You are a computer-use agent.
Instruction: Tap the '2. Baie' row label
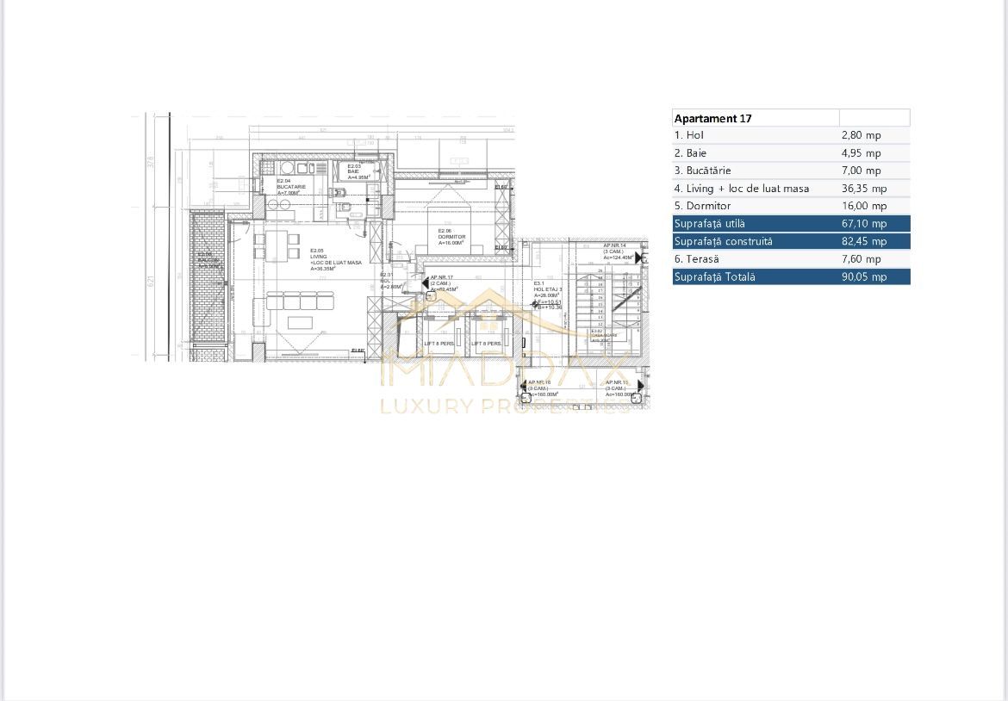point(690,153)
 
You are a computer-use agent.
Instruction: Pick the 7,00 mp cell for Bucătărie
point(861,171)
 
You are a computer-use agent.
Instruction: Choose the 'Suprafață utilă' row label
point(710,224)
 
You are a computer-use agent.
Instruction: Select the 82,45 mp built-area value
point(863,241)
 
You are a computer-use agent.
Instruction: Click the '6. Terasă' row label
point(697,259)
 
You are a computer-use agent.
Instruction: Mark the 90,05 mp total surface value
point(863,276)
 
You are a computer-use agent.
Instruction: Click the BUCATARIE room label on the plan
point(291,187)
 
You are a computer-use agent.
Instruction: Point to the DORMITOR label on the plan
point(452,237)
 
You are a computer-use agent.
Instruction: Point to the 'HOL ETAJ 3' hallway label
point(548,289)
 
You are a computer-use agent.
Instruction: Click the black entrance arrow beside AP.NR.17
point(423,282)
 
